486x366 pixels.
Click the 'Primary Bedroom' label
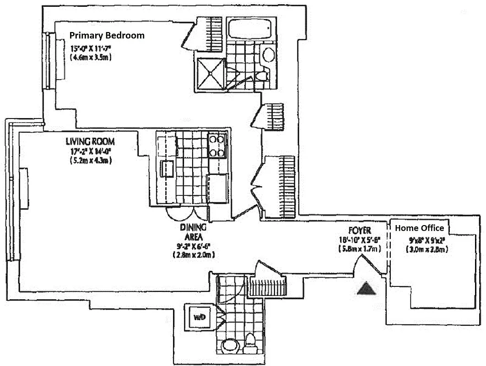[107, 35]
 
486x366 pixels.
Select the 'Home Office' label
[419, 228]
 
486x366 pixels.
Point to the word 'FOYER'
[359, 231]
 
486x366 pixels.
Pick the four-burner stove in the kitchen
[218, 145]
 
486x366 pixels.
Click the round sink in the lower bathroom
[229, 346]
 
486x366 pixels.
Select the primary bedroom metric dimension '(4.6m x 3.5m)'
[91, 57]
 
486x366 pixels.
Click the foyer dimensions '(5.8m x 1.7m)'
[359, 249]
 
